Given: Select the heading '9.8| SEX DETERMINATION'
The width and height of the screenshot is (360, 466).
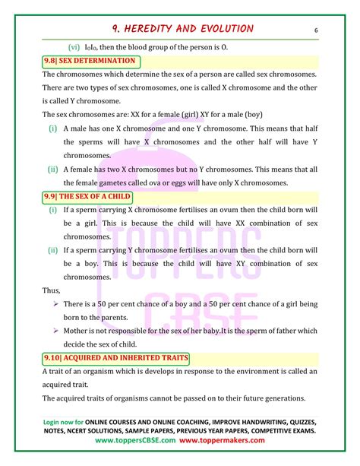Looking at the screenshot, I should (90, 61).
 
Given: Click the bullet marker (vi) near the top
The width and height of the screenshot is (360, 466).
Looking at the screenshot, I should (73, 46).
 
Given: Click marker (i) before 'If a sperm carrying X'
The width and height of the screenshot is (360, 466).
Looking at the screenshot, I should (52, 213).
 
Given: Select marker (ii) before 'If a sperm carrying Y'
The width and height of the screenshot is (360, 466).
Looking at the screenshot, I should (52, 249).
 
